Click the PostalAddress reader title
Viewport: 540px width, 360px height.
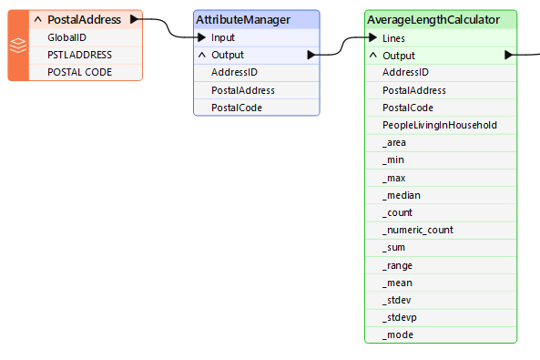[84, 19]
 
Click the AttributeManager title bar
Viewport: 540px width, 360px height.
[256, 19]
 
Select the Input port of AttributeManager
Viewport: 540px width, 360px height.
[222, 37]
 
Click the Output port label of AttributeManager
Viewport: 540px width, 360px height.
[228, 55]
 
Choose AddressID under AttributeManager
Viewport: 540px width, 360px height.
[233, 73]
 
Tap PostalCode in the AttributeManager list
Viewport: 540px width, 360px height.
[236, 108]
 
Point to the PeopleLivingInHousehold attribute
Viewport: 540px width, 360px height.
[439, 125]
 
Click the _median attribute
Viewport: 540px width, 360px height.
[401, 195]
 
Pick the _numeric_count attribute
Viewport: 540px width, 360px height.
[417, 230]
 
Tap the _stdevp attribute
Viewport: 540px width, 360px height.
[400, 317]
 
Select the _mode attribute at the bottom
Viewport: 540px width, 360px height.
[398, 334]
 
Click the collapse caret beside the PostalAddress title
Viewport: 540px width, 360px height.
[37, 19]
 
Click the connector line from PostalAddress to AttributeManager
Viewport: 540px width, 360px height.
[168, 27]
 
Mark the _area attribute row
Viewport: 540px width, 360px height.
[394, 142]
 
